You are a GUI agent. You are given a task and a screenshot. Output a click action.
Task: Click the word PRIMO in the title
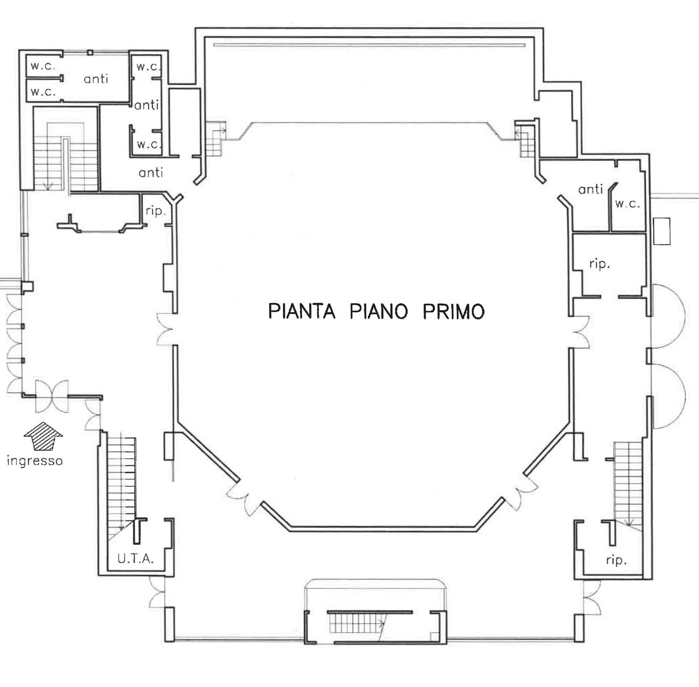(454, 311)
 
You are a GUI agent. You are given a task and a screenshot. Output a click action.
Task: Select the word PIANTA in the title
(301, 311)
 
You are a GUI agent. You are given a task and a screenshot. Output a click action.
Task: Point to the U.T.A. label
(135, 558)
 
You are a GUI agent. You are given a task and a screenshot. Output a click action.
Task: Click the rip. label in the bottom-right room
(616, 560)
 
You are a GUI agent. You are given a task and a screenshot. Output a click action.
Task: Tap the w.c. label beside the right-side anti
(628, 204)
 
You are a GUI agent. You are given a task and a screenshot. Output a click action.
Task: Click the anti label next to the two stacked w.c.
(96, 79)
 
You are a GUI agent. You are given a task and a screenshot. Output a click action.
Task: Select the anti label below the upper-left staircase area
(151, 172)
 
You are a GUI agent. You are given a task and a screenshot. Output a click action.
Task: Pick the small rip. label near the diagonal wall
(156, 211)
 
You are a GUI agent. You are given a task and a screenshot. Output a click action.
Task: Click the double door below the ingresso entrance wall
(52, 396)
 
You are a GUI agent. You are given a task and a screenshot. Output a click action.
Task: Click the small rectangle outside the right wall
(662, 231)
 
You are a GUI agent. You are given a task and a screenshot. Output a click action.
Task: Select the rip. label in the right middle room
(600, 264)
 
